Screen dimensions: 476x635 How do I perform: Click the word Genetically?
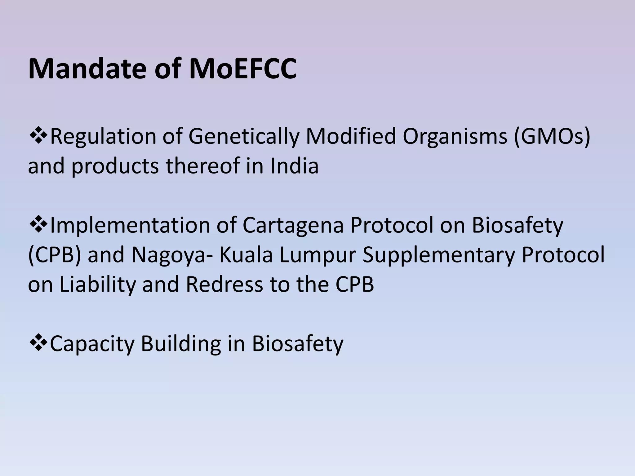(x=244, y=136)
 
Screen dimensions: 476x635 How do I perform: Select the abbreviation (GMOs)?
(x=552, y=136)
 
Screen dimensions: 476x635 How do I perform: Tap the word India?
(x=294, y=165)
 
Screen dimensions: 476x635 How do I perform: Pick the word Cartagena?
(x=293, y=225)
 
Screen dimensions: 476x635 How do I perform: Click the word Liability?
(x=97, y=284)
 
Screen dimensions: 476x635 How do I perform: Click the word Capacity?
(x=92, y=344)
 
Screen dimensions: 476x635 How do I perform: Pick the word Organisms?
(x=455, y=136)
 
